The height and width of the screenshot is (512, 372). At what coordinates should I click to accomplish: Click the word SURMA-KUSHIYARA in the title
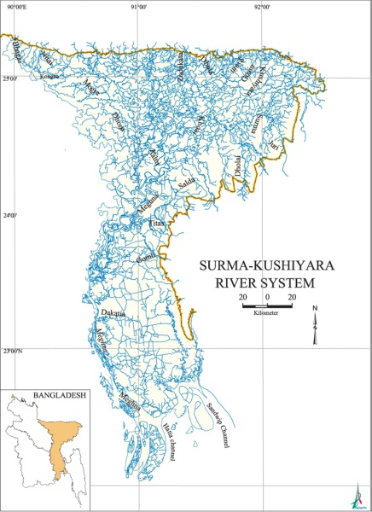(x=256, y=265)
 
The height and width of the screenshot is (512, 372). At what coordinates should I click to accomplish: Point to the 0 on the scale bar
(x=268, y=296)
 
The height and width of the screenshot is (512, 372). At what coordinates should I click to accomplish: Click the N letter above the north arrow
(x=316, y=308)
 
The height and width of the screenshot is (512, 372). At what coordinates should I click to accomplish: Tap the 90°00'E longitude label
(x=16, y=7)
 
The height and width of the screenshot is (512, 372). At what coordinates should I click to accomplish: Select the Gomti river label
(x=144, y=256)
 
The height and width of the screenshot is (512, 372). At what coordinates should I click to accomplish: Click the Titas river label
(x=156, y=223)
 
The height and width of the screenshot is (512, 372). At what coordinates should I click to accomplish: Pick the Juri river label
(x=272, y=146)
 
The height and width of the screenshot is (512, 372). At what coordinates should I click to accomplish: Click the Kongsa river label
(x=49, y=74)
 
